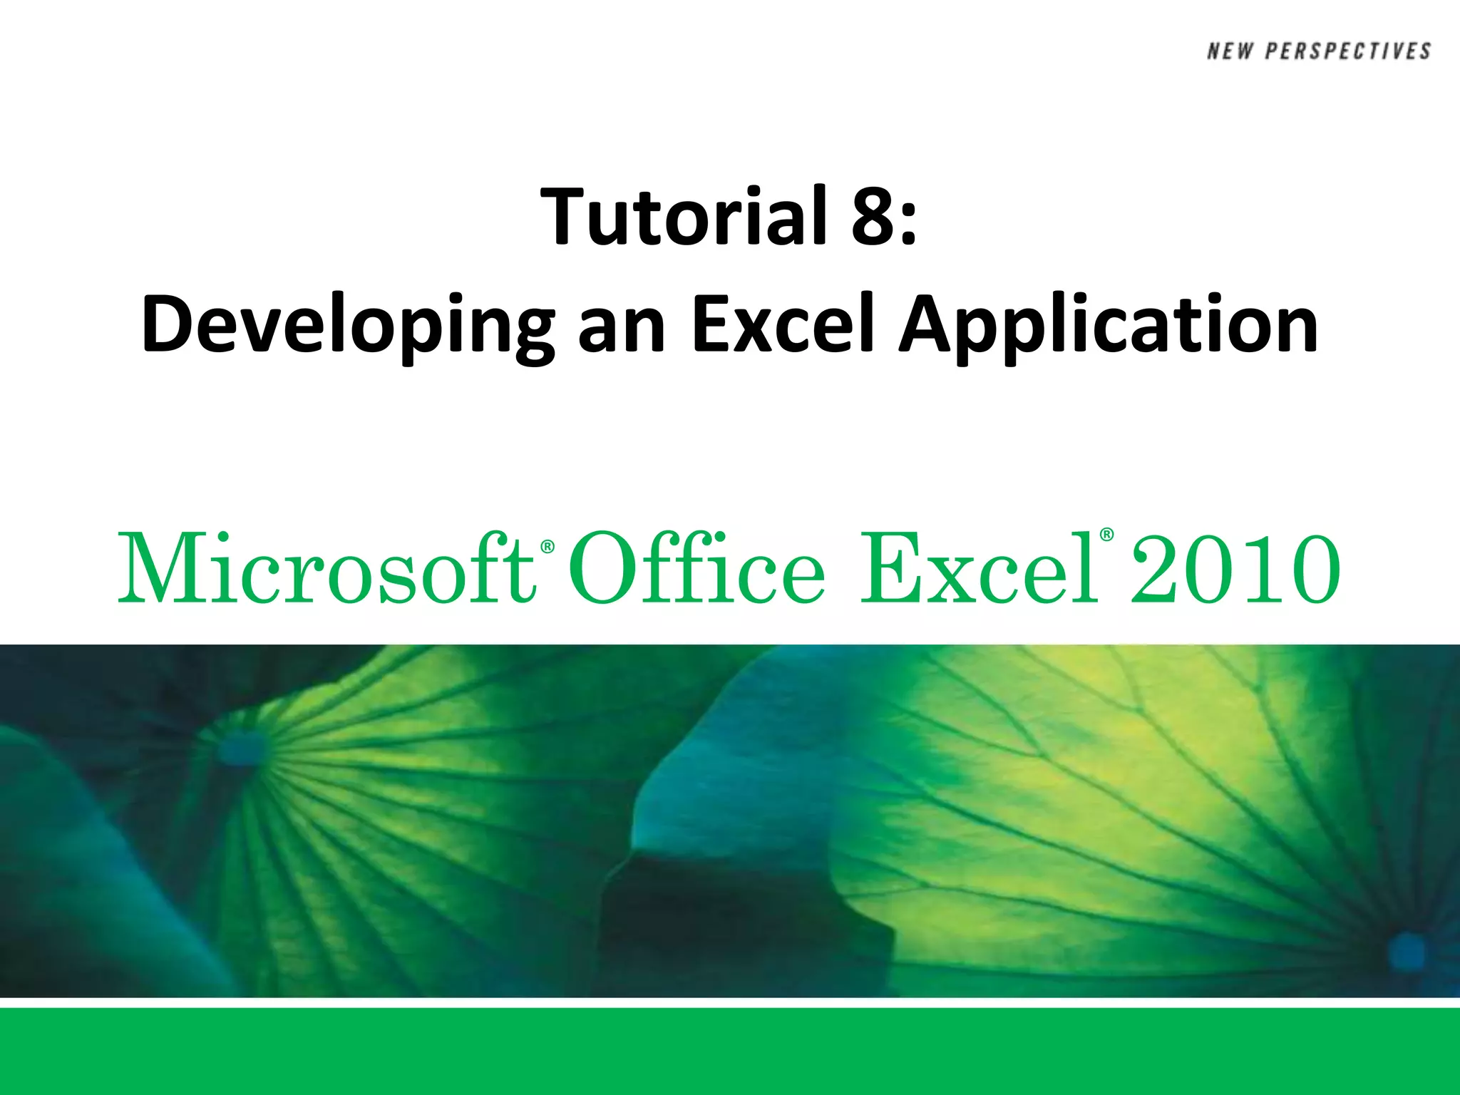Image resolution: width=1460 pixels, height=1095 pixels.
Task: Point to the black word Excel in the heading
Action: (x=783, y=324)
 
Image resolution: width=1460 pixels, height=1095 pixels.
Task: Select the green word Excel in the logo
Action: (x=980, y=568)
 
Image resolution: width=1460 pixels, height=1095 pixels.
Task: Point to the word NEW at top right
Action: (x=1230, y=51)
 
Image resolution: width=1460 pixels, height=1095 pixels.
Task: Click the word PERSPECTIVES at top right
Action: (x=1348, y=51)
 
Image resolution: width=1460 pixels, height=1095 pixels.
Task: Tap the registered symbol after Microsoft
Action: (x=547, y=547)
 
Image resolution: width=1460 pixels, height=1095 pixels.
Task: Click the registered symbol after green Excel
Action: (x=1106, y=535)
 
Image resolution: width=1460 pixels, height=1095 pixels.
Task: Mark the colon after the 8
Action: (x=908, y=225)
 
